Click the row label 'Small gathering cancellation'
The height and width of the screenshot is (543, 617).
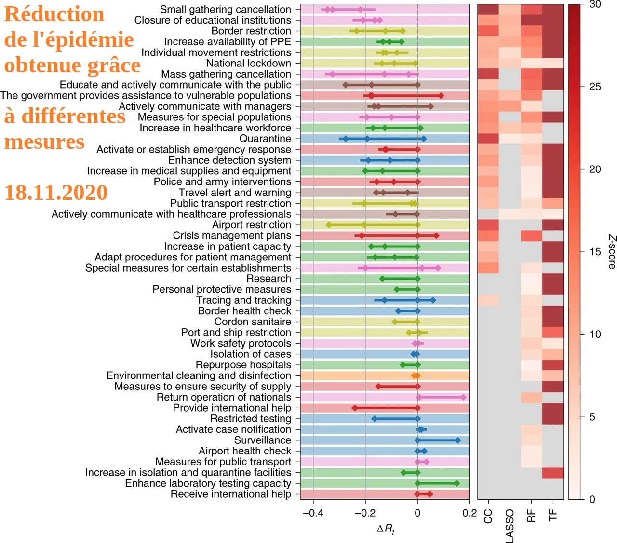225,10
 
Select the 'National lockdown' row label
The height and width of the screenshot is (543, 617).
248,64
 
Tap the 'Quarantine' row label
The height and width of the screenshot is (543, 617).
265,139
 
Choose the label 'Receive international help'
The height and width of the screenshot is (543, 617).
230,494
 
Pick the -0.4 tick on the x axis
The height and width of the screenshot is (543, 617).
313,513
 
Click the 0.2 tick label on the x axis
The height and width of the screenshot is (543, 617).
469,513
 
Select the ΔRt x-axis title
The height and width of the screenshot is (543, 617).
386,529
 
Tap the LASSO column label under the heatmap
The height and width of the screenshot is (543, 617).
510,526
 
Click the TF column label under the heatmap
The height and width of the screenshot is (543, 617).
553,516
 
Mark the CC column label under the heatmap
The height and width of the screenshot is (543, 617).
488,517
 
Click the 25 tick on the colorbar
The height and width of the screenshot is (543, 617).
595,87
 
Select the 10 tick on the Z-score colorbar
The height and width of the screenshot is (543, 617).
595,334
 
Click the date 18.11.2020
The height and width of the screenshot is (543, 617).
56,193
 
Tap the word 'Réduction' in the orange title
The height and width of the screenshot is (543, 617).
54,14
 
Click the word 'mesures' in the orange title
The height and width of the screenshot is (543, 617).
44,142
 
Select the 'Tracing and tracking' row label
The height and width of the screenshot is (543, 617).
243,300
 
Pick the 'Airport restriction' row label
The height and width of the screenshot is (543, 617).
251,225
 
